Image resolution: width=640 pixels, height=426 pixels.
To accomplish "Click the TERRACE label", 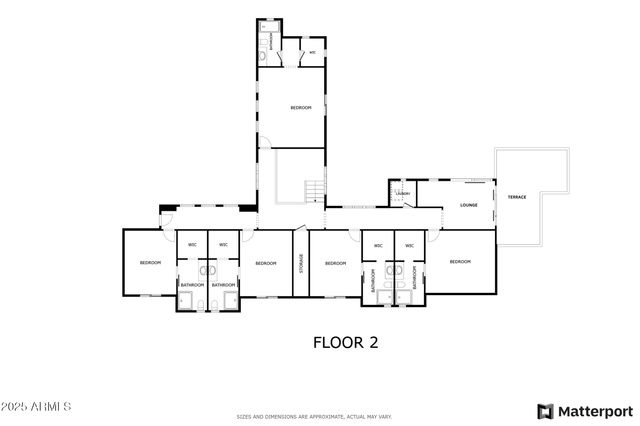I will pos(517,197).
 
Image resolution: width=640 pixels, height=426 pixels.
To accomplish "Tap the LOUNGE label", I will pos(469,205).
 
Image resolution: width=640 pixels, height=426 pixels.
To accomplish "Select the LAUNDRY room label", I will pos(403,194).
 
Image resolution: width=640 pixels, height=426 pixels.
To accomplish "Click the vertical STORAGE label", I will pos(301,263).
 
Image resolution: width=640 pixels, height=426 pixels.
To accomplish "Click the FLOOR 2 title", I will pos(346,343).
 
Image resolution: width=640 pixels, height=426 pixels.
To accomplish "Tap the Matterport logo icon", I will pos(545,411).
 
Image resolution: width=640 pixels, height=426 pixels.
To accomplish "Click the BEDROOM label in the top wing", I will pos(301,108).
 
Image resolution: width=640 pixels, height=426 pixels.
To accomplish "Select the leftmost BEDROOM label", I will pos(150,263).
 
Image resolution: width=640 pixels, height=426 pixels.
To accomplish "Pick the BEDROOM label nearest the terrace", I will pos(460,262).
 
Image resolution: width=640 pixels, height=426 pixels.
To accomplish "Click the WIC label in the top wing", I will pos(313,52).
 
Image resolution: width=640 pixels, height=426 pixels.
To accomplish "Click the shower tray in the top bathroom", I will pos(269,26).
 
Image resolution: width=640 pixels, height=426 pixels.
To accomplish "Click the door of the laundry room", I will pos(408,205).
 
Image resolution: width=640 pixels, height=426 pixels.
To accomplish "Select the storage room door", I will pos(301,228).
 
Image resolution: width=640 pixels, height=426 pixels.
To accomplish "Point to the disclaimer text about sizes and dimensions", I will pos(314,417).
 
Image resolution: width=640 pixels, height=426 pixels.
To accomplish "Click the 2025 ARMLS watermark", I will pos(36,407).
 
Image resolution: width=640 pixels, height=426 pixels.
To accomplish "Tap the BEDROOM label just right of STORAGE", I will pos(335,263).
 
